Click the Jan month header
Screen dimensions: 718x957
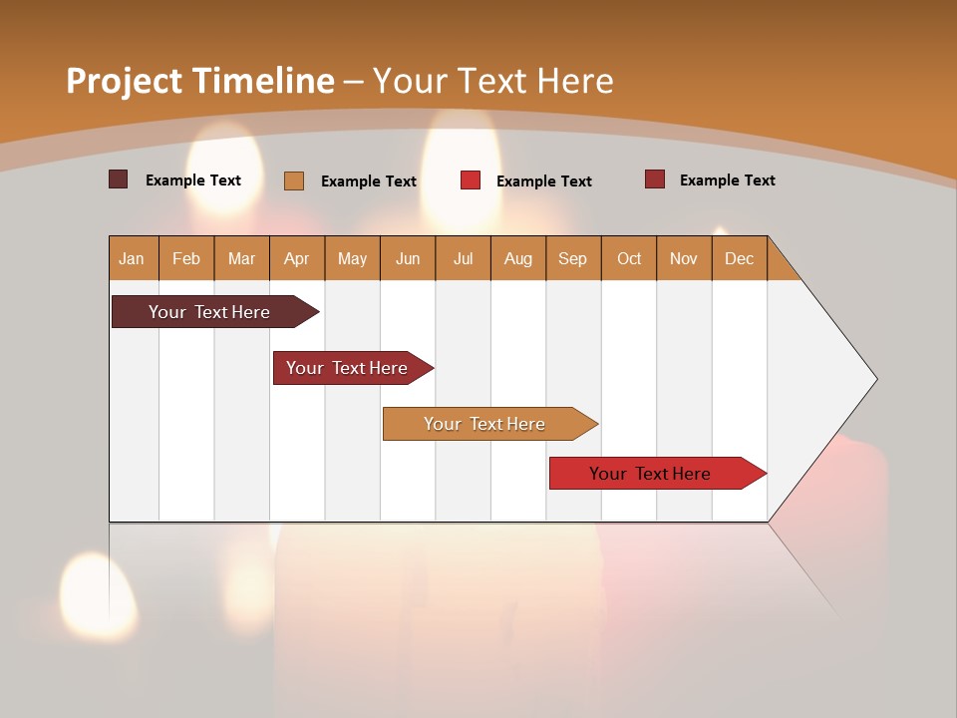(132, 258)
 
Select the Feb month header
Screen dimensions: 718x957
(186, 258)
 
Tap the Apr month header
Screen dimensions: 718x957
(296, 258)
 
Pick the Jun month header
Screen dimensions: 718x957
(408, 258)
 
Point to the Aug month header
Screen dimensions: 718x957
(517, 258)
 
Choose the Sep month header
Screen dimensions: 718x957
(572, 258)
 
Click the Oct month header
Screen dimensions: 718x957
(629, 258)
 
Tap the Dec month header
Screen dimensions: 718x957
(739, 258)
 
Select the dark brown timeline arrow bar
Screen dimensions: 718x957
(209, 312)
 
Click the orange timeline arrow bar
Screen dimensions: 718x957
(484, 424)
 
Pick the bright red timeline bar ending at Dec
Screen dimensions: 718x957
(650, 474)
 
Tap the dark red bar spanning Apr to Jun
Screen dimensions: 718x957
(347, 368)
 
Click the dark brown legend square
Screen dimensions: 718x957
(118, 179)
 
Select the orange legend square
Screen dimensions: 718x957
(293, 180)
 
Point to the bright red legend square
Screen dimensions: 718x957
(471, 180)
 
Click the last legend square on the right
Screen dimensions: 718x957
(654, 179)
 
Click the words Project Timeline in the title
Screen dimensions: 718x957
(199, 81)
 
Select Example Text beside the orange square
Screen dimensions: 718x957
(368, 181)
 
